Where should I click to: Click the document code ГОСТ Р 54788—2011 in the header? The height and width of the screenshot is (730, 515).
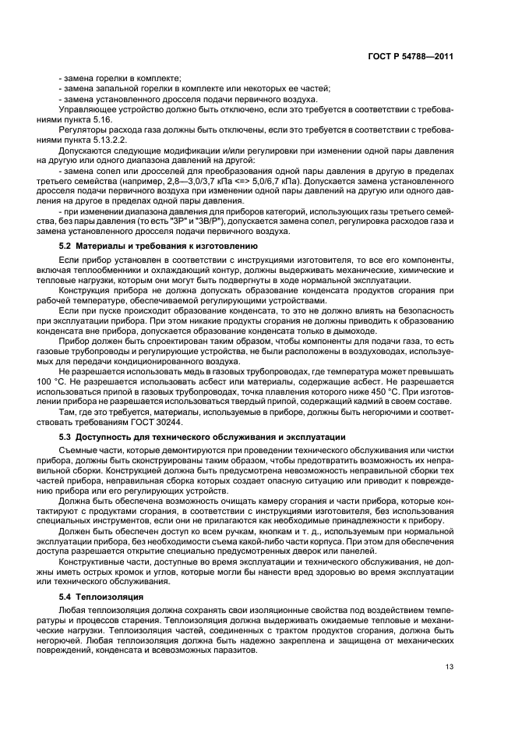click(411, 56)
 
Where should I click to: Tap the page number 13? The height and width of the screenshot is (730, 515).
click(450, 665)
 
